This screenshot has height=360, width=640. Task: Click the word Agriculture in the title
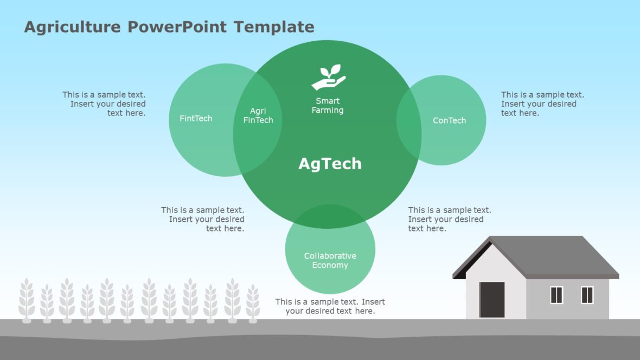pos(73,27)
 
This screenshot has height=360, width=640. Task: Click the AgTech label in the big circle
pos(330,164)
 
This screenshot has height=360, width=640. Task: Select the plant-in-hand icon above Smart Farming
pos(328,78)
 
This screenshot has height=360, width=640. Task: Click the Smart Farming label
pos(328,105)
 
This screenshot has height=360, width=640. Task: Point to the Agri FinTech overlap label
pos(258,115)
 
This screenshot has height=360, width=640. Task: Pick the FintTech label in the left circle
pos(196,118)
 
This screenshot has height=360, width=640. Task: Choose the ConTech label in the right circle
pos(449,120)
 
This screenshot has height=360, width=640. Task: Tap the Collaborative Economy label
pos(330,260)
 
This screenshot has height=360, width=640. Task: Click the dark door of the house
pos(492,300)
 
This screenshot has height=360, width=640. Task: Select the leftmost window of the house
pos(556,295)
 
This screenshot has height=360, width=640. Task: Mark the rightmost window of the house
pos(587,295)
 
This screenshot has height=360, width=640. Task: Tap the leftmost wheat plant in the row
pos(27,299)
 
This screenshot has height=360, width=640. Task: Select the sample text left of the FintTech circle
pos(105,104)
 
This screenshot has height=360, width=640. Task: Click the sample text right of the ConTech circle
pos(542,104)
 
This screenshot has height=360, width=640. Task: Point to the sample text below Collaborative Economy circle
pos(330,306)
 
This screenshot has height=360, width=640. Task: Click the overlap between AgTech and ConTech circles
pos(409,120)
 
